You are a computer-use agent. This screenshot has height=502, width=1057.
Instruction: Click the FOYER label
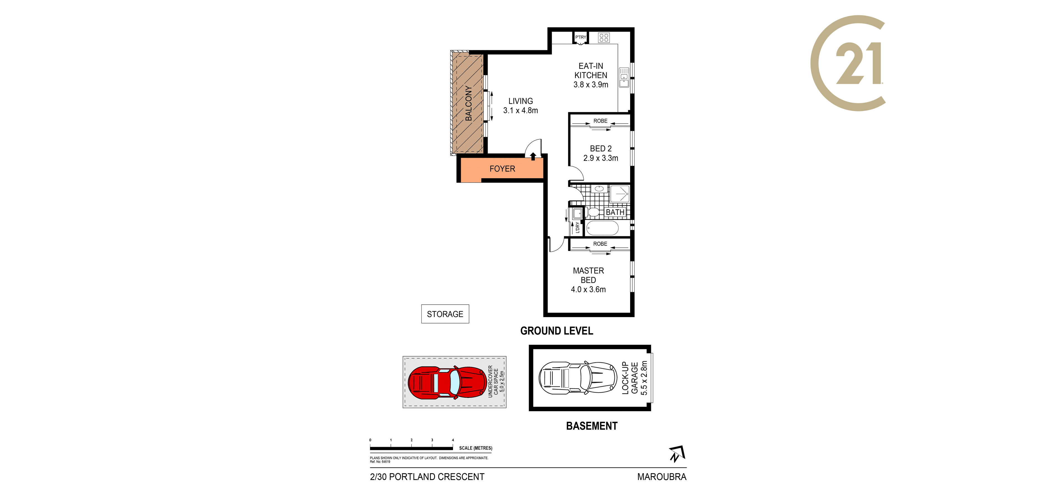point(502,169)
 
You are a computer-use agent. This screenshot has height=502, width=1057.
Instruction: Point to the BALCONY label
point(468,103)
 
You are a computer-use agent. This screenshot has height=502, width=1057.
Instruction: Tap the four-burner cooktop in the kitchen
point(604,38)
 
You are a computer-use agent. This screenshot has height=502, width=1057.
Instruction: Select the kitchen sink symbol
point(624,77)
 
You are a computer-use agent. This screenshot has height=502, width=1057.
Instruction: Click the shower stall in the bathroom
point(620,194)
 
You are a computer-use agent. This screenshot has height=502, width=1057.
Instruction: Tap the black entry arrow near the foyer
point(533,156)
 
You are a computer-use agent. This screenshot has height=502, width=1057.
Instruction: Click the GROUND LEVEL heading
point(557,331)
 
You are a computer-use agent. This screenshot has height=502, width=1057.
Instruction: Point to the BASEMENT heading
point(592,426)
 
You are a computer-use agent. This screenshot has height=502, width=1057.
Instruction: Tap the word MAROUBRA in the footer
point(662,477)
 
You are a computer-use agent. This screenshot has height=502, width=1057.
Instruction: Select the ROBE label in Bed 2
point(600,121)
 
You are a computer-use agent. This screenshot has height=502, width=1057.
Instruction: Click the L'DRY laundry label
point(577,228)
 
